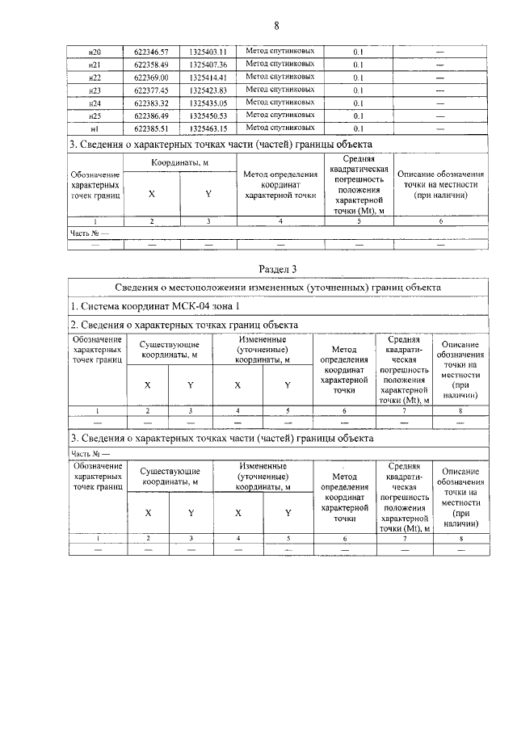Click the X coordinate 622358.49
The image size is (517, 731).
point(150,64)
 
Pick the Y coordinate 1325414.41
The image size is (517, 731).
point(208,78)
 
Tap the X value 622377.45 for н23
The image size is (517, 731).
point(150,90)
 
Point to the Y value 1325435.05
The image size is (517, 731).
point(208,103)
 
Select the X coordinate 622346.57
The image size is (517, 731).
point(150,51)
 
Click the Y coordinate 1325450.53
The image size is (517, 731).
point(208,116)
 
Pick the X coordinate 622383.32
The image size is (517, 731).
point(150,103)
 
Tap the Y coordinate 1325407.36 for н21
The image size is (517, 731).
point(208,64)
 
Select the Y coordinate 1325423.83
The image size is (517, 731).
point(208,90)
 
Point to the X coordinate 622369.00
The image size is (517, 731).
point(150,78)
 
